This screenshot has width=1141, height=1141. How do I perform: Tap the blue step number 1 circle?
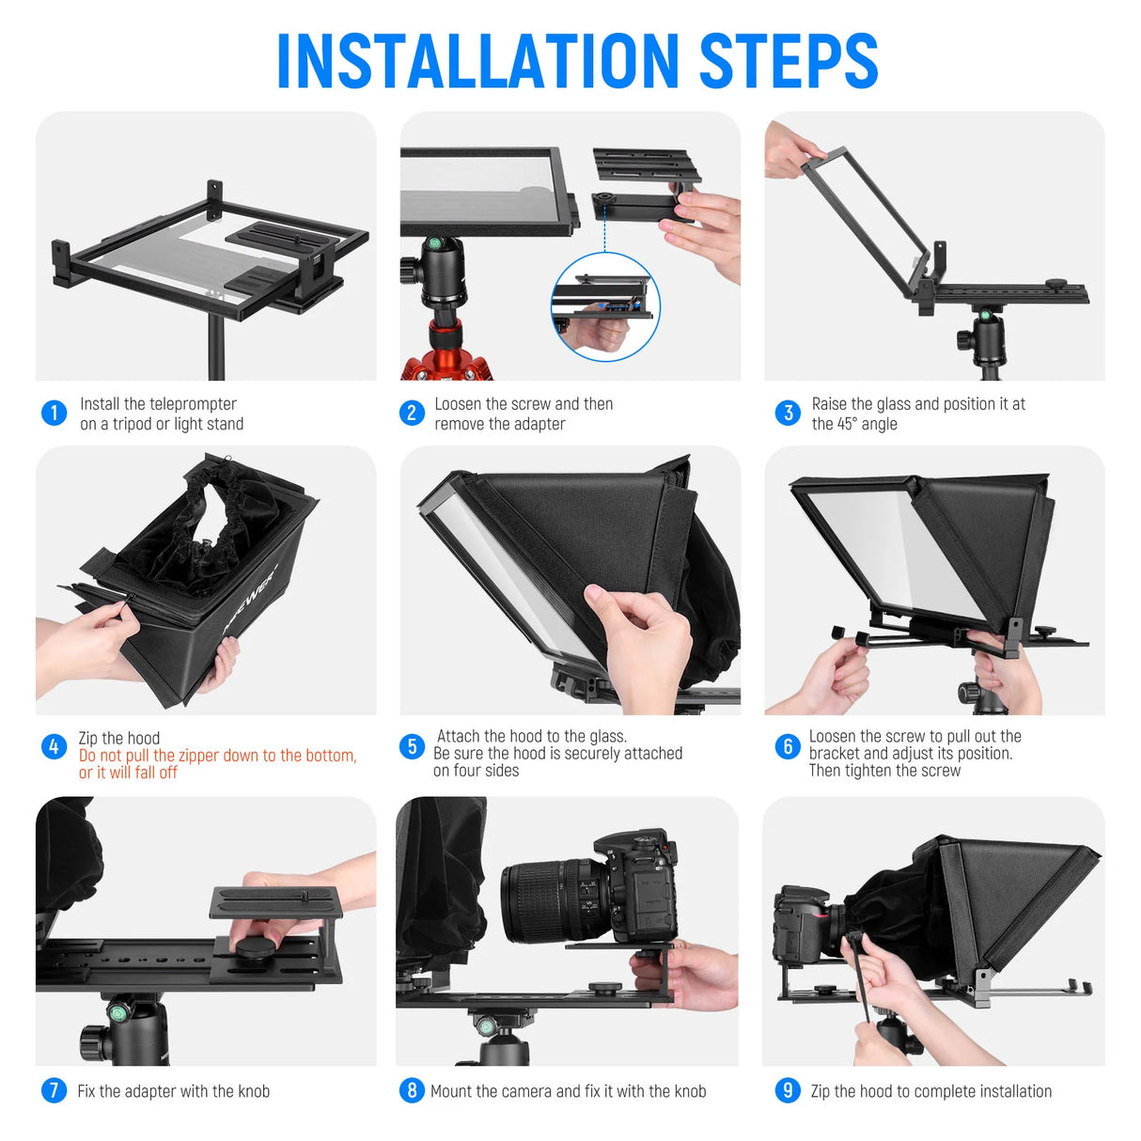54,413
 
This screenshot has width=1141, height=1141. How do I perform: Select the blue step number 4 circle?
54,746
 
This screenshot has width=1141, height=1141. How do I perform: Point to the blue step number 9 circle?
788,1090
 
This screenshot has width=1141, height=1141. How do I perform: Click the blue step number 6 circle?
788,746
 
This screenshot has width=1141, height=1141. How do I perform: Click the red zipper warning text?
218,764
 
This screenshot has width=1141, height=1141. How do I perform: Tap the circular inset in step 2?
605,306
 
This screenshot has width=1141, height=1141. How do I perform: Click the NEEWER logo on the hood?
250,601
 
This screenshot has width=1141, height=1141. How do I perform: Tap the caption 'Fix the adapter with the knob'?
174,1091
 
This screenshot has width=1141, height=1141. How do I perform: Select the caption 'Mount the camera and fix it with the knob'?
568,1091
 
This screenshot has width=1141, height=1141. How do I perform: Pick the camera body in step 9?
799,926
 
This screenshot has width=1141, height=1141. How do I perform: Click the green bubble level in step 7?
119,1012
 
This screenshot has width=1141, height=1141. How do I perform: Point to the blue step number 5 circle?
412,746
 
